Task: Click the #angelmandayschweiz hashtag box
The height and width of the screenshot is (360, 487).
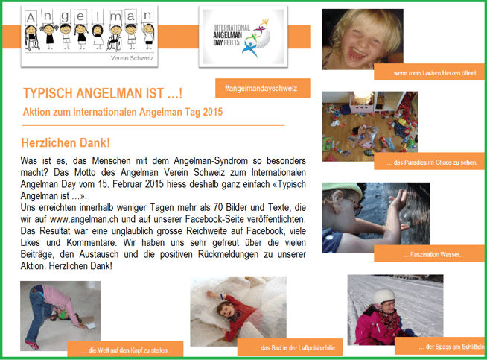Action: click(x=262, y=88)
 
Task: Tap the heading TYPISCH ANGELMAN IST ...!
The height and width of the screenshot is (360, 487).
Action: click(x=103, y=93)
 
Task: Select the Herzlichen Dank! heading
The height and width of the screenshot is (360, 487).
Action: click(x=66, y=142)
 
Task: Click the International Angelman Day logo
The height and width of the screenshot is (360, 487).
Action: click(x=244, y=37)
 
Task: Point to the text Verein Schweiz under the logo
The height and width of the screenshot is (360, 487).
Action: click(x=132, y=58)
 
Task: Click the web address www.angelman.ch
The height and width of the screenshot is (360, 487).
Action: click(x=84, y=219)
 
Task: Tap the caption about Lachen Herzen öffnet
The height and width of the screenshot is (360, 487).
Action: click(x=432, y=73)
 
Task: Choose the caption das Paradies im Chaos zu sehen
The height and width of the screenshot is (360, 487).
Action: click(x=432, y=162)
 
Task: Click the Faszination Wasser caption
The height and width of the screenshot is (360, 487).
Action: click(x=432, y=255)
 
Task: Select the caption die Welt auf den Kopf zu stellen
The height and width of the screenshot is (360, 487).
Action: click(x=125, y=350)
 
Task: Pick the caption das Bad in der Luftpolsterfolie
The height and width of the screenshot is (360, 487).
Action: click(x=295, y=347)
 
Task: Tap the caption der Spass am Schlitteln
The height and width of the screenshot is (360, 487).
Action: click(x=451, y=347)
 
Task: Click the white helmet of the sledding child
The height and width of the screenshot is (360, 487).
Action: click(x=384, y=296)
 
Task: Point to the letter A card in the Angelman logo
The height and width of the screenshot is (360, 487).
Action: click(x=31, y=17)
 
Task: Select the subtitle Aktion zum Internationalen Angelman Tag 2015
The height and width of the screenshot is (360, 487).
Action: click(x=123, y=112)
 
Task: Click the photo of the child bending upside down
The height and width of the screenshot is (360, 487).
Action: click(x=60, y=316)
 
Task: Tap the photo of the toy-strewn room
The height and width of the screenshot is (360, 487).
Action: click(x=370, y=126)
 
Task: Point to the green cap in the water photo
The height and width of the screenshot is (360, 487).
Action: click(x=342, y=188)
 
